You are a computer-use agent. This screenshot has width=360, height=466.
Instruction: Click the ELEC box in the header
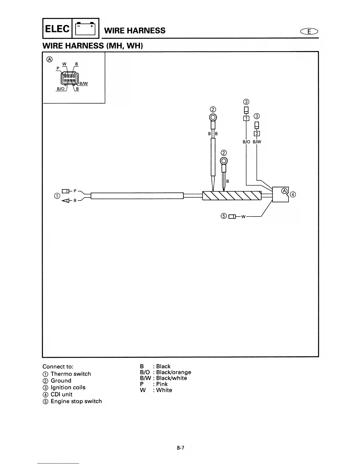(58, 29)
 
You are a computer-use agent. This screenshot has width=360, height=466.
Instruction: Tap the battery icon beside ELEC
(86, 29)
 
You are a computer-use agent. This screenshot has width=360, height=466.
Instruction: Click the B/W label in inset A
(84, 84)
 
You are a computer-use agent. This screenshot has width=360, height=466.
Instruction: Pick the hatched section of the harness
(232, 195)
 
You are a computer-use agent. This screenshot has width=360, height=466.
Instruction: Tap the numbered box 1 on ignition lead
(246, 118)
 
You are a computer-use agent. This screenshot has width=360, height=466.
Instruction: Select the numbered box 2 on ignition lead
(257, 134)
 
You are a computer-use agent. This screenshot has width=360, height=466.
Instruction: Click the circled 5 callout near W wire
(224, 216)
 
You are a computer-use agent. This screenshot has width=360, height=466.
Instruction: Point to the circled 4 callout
(293, 194)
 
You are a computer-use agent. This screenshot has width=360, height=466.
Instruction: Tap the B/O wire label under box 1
(246, 142)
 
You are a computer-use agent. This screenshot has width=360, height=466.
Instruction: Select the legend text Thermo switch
(71, 374)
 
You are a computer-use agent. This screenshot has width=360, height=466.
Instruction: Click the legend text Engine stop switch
(76, 401)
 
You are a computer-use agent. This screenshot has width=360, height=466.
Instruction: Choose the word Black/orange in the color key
(174, 372)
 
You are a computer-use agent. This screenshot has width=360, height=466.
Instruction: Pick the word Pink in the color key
(162, 384)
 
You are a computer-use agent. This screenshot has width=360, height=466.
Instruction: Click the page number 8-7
(180, 448)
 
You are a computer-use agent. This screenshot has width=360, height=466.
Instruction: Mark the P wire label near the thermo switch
(75, 191)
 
